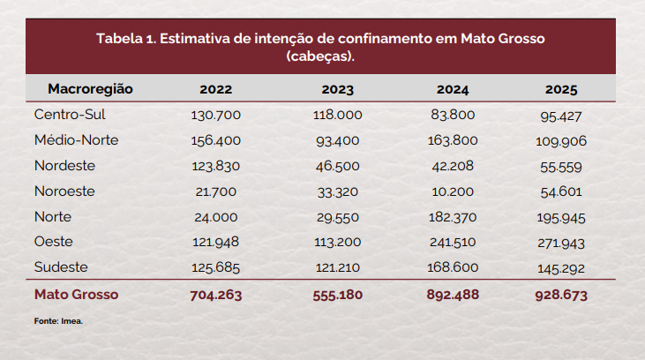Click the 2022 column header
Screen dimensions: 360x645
click(215, 90)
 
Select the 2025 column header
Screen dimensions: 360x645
click(561, 90)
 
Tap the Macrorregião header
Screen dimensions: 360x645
click(90, 90)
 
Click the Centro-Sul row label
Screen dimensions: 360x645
click(70, 115)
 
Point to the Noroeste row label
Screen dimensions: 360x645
click(64, 191)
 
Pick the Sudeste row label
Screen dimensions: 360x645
click(62, 267)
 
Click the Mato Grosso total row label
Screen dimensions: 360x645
click(75, 295)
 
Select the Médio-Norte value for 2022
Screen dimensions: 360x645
click(215, 140)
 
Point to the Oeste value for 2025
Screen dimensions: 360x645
click(561, 243)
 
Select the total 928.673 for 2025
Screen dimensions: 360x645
click(561, 296)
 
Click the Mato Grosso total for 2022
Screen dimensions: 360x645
click(215, 296)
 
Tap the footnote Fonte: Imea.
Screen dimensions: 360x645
click(58, 321)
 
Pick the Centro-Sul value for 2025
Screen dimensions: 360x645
click(561, 116)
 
